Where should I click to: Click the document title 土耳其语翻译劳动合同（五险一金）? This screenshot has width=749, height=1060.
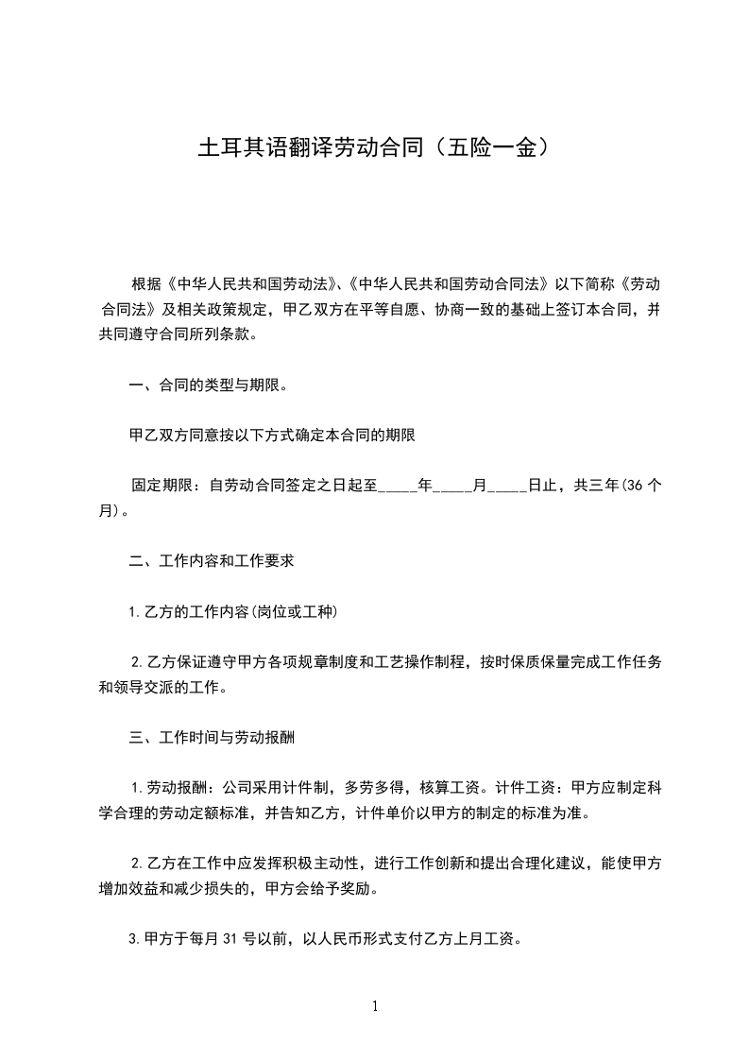[x=374, y=148]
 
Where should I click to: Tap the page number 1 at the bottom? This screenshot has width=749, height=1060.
[x=375, y=1006]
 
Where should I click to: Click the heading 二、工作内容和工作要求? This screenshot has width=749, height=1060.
[x=213, y=560]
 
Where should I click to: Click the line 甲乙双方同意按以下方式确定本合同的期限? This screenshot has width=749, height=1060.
[x=273, y=436]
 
